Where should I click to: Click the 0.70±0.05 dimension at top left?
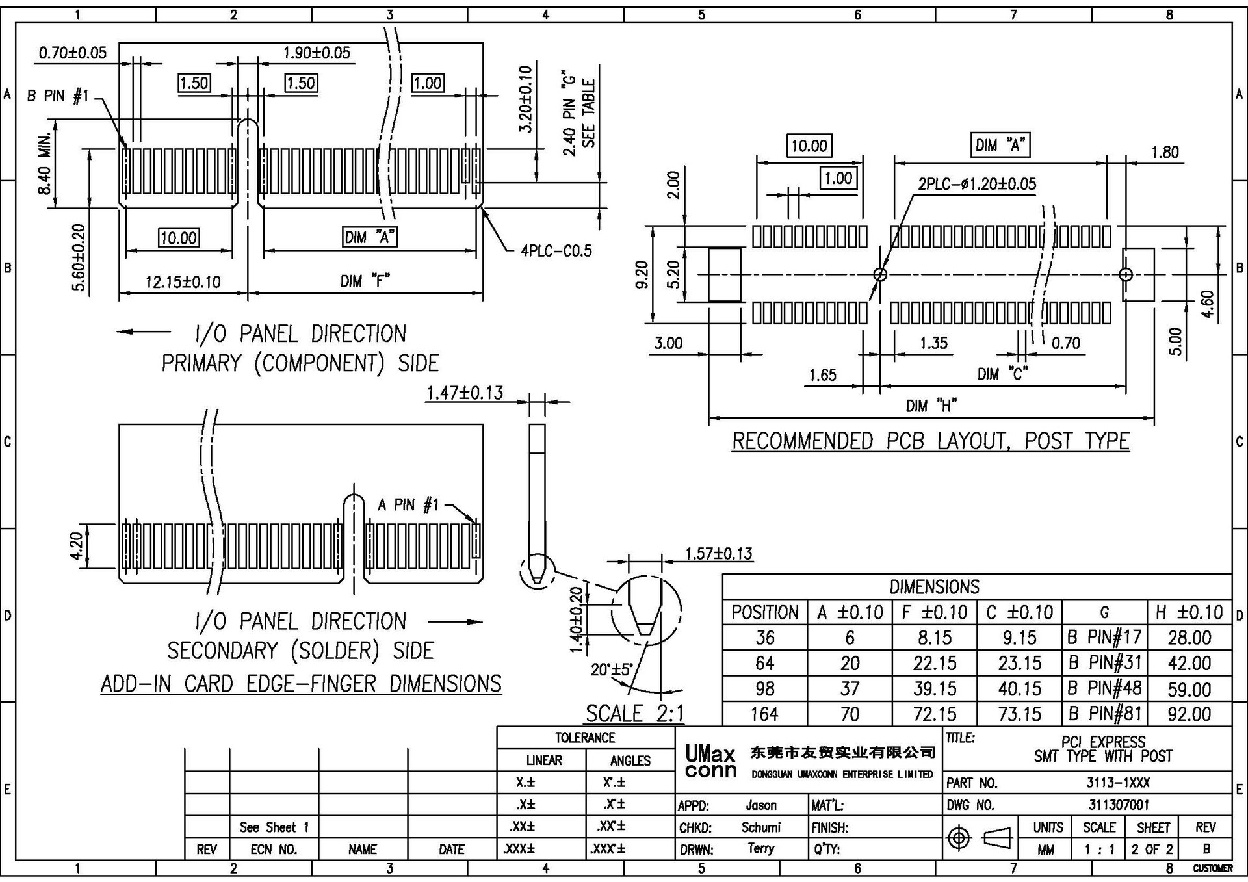point(73,53)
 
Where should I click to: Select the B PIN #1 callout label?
point(57,96)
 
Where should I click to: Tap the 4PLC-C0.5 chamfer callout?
point(556,251)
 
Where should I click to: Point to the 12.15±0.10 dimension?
point(183,282)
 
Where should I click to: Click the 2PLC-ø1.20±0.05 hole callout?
point(977,184)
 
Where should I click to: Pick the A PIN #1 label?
point(408,504)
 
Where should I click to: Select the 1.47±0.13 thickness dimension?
point(465,393)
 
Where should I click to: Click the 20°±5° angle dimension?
point(611,669)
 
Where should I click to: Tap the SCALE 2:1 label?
point(635,714)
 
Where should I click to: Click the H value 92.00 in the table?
point(1189,714)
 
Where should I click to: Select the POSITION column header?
point(764,612)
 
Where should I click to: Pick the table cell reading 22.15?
point(934,663)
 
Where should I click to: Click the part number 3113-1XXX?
point(1119,783)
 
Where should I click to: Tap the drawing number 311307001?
point(1119,805)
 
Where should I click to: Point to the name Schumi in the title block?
point(760,827)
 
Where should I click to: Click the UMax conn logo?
point(710,762)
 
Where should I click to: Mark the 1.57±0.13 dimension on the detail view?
point(718,554)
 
